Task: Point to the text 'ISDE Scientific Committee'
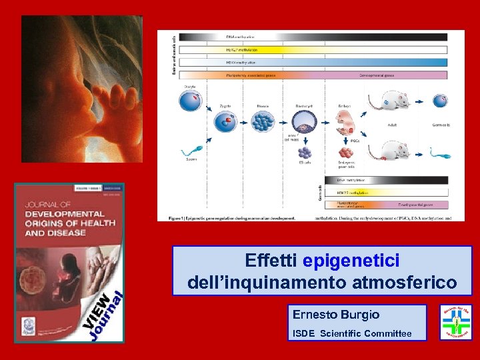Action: click(351, 333)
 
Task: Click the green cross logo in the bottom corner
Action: click(455, 323)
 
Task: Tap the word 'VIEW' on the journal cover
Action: click(98, 307)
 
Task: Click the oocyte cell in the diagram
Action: click(191, 101)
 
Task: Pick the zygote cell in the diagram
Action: click(225, 121)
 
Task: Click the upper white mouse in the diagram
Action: click(394, 99)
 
